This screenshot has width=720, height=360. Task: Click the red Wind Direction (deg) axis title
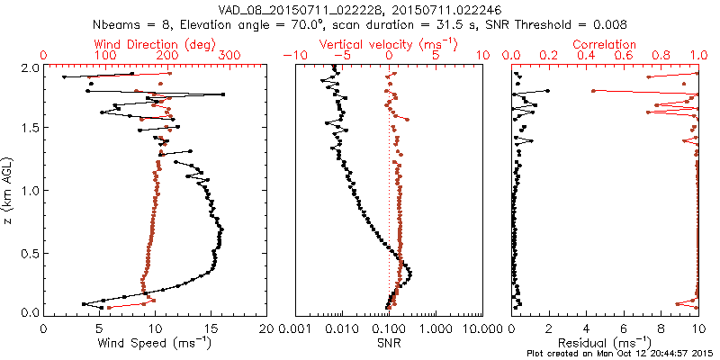[x=155, y=44]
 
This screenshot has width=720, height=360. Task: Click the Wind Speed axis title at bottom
[x=156, y=343]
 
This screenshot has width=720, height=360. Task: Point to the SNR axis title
[x=390, y=343]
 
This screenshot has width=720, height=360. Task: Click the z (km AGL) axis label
[x=11, y=189]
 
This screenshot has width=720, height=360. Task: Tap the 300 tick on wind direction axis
[x=229, y=56]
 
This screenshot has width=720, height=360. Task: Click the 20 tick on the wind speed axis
[x=266, y=328]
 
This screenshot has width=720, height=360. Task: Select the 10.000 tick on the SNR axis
[x=483, y=328]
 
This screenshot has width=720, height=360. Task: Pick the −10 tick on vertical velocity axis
[x=297, y=56]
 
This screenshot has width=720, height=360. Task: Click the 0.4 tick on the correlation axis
[x=587, y=56]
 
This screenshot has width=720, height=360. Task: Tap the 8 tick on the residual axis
[x=661, y=328]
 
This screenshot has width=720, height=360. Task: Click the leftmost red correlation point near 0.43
[x=593, y=91]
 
